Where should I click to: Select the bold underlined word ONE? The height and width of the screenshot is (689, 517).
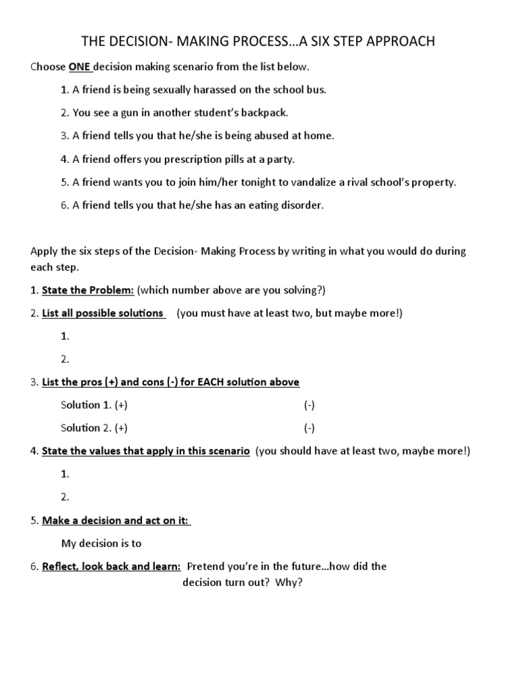pyautogui.click(x=78, y=67)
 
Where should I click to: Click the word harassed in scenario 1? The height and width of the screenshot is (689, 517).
pyautogui.click(x=201, y=89)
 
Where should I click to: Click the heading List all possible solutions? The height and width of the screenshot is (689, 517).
pyautogui.click(x=103, y=313)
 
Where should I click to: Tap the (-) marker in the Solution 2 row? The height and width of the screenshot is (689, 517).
pyautogui.click(x=309, y=427)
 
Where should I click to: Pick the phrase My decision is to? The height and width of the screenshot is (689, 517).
pyautogui.click(x=102, y=543)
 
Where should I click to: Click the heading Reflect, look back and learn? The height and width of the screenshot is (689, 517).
pyautogui.click(x=111, y=566)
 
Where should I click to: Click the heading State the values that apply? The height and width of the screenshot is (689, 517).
pyautogui.click(x=145, y=450)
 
